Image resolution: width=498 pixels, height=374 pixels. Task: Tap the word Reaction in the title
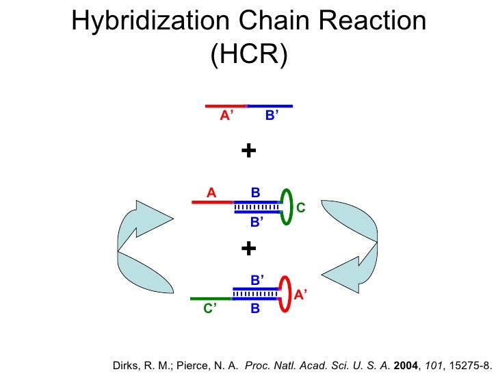[375, 23]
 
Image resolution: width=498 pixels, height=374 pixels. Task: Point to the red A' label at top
[226, 116]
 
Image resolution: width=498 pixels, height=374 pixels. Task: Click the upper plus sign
[249, 150]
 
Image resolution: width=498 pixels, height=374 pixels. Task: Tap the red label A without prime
[211, 193]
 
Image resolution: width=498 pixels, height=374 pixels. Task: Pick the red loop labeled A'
[285, 295]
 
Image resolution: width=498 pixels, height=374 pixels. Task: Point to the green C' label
[210, 310]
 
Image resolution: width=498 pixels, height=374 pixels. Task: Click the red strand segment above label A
[212, 203]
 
